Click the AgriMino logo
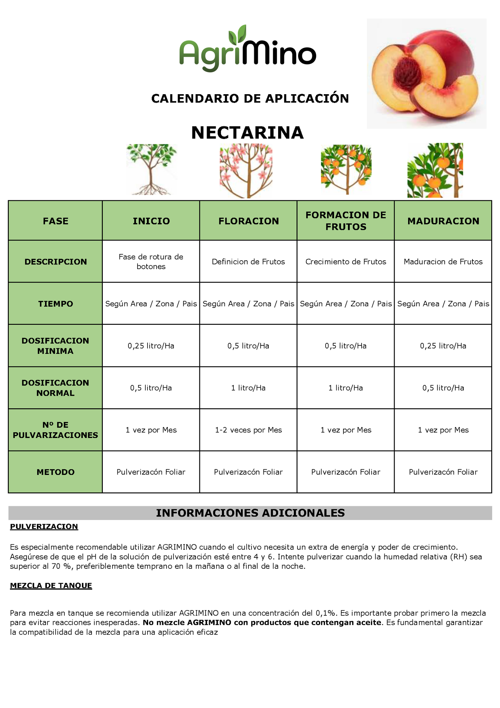coord(247,50)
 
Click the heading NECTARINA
coord(247,133)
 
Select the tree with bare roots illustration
coord(151,169)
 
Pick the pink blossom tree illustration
coord(246,171)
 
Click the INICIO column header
coord(151,221)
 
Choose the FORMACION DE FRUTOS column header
coord(346,221)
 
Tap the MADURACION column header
coord(443,221)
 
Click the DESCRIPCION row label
coord(56,262)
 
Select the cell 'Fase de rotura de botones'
coord(151,262)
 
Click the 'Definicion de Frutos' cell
coord(248,262)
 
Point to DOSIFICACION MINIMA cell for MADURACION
coord(443,346)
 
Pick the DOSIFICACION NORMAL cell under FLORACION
coord(248,388)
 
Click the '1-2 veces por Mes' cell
coord(248,430)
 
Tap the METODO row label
coord(56,472)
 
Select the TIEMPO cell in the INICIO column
coord(151,304)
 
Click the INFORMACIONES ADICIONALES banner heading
coord(250,513)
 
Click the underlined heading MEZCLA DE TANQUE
coord(51,585)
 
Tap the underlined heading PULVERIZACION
coord(44,527)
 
